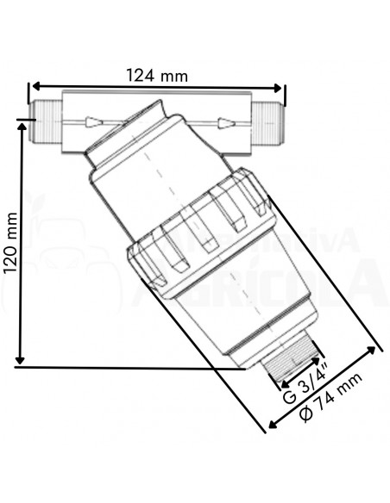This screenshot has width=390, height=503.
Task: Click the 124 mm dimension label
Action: click(156, 75)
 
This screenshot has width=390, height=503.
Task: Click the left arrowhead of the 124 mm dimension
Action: click(35, 87)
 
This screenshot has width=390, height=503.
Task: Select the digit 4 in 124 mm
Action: click(149, 75)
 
